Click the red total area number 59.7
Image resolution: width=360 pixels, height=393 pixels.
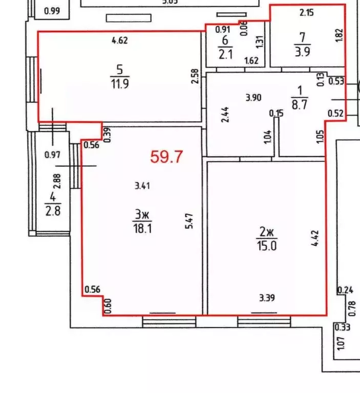click(x=166, y=157)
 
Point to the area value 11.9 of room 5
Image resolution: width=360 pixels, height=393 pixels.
click(x=119, y=84)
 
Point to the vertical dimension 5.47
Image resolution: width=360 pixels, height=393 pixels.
click(x=189, y=224)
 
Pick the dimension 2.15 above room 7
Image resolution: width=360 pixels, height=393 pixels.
click(x=306, y=13)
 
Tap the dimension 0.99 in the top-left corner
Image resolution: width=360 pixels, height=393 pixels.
click(x=53, y=10)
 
